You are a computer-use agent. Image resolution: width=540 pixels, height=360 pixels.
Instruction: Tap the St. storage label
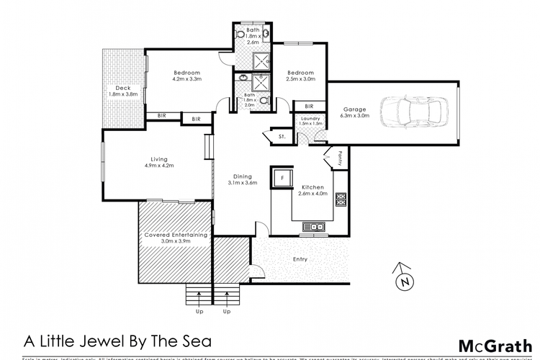(275, 135)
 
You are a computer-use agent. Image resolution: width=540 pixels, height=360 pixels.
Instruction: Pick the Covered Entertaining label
(176, 235)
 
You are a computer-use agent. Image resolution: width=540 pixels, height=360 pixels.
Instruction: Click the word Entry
(300, 259)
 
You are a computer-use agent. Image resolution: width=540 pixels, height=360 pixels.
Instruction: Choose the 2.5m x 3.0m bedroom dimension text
(300, 79)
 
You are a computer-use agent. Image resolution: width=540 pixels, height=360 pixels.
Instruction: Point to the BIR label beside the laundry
(308, 106)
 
